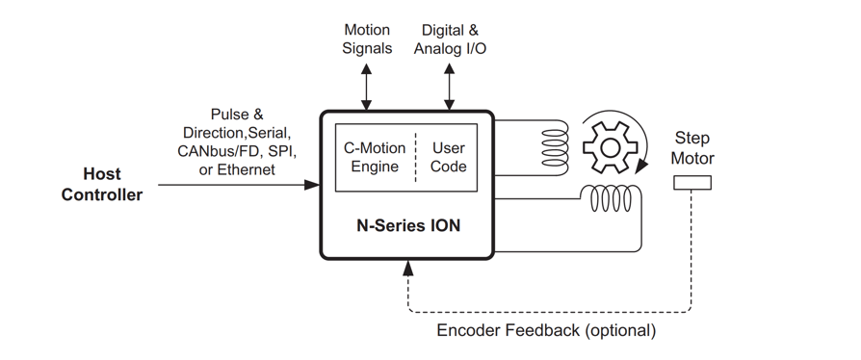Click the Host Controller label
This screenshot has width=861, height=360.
pos(101,185)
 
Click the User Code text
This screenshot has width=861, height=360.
pos(448,157)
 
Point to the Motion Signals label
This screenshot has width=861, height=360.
pos(367,39)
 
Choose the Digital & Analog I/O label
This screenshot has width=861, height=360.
pos(450,39)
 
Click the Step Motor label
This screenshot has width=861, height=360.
pos(692,148)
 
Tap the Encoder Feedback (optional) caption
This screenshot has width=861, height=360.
pos(546,330)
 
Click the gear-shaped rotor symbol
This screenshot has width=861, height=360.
pos(610,148)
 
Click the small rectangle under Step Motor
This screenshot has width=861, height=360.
pos(692,183)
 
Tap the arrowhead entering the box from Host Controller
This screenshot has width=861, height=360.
pos(312,184)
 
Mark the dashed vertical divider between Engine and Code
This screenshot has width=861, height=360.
pos(415,157)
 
